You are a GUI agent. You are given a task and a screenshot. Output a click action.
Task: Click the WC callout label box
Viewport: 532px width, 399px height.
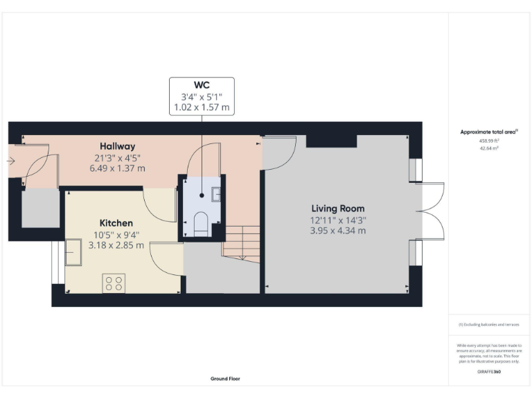click(202, 96)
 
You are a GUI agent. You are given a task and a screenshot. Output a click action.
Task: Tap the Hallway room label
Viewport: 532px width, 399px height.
click(117, 146)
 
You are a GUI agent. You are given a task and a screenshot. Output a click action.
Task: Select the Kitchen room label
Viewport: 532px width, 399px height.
click(116, 223)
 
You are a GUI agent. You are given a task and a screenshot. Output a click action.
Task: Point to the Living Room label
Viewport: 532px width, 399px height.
click(337, 209)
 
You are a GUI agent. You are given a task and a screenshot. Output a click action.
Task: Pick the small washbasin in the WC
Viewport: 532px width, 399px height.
click(215, 193)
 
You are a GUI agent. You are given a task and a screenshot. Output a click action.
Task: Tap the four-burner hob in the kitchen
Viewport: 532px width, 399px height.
click(114, 283)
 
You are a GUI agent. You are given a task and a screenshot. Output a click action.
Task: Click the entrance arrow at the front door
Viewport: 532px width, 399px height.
click(10, 161)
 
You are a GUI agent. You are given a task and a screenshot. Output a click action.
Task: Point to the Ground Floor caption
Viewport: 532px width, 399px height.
click(225, 379)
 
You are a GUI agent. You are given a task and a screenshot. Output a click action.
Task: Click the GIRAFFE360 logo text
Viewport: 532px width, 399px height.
click(489, 372)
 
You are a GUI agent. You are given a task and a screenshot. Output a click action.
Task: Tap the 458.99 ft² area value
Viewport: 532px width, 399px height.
click(489, 140)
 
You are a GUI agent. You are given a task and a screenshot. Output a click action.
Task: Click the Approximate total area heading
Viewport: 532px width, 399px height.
click(489, 132)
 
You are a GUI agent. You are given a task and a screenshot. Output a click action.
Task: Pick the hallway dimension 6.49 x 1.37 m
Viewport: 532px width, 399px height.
click(117, 168)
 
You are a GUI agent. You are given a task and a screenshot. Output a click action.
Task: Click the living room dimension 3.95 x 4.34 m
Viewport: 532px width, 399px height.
click(337, 230)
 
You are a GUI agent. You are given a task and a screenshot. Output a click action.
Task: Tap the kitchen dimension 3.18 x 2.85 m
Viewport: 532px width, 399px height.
click(116, 245)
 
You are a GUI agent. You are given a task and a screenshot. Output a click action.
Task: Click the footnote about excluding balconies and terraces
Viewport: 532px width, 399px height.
click(489, 324)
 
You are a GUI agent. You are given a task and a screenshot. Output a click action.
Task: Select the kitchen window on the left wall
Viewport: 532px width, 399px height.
click(55, 263)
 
